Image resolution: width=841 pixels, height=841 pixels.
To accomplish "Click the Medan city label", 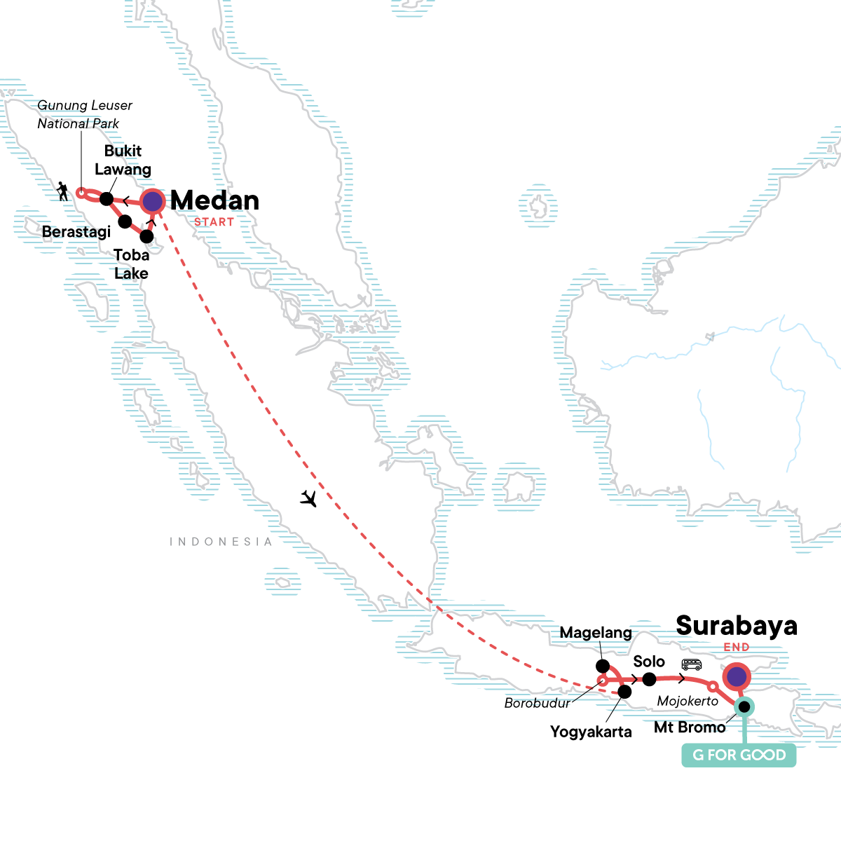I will (214, 200).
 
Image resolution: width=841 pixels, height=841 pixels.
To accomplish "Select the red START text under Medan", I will (214, 222).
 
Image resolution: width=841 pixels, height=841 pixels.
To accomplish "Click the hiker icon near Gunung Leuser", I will (64, 191).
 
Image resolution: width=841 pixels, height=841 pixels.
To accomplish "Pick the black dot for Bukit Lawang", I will (107, 199).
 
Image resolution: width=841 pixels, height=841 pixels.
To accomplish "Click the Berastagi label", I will (76, 232).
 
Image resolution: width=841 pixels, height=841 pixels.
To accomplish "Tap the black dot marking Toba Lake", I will (146, 235).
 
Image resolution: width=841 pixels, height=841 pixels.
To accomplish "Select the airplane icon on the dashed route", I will (308, 498).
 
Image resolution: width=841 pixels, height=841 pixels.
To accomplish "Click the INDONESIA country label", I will (221, 542).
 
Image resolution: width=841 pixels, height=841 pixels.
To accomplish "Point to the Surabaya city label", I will (736, 626).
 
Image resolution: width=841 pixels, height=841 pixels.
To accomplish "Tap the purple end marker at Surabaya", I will (737, 677).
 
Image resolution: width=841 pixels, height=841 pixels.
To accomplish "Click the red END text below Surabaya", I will (737, 648).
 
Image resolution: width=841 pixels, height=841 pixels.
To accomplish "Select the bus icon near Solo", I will (692, 664).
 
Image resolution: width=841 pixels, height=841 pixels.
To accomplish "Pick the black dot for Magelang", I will (602, 665).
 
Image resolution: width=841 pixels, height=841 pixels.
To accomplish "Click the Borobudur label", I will (537, 703).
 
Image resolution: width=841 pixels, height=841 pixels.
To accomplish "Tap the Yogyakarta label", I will (591, 732).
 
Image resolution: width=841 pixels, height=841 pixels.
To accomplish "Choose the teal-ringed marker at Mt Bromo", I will (744, 707).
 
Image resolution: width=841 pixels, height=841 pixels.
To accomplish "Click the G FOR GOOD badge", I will (739, 755).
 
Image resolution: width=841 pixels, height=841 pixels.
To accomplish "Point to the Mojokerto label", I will (688, 701).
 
